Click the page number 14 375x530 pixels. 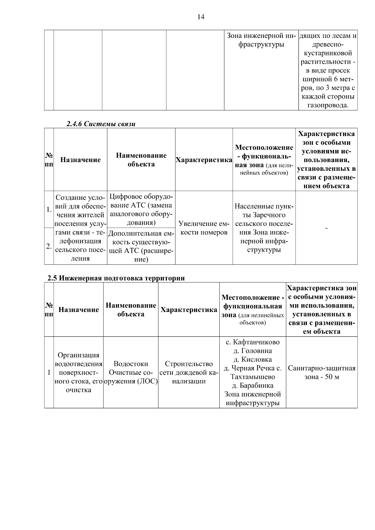pos(201,17)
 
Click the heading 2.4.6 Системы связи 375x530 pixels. pos(101,124)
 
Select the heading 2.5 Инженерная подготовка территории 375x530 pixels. pos(116,278)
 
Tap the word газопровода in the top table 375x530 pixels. pos(328,105)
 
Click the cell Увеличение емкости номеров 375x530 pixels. pos(204,228)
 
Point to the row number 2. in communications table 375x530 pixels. pos(49,246)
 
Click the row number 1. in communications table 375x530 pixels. pos(49,210)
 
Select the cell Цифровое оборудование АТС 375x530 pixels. pos(141,210)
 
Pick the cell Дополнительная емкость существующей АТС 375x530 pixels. pos(141,246)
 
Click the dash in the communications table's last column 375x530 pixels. pos(326,229)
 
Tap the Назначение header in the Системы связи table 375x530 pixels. pos(80,160)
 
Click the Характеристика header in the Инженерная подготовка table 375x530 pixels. pos(189,310)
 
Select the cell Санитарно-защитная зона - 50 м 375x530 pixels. pos(322,372)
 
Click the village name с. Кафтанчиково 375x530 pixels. pos(252,342)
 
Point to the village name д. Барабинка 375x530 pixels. pos(252,385)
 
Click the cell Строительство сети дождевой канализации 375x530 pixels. pos(189,372)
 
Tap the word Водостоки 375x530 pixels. pos(131,364)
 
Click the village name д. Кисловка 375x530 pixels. pos(252,359)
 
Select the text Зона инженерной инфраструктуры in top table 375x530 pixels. pos(261,40)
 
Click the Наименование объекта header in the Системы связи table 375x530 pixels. pos(141,160)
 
